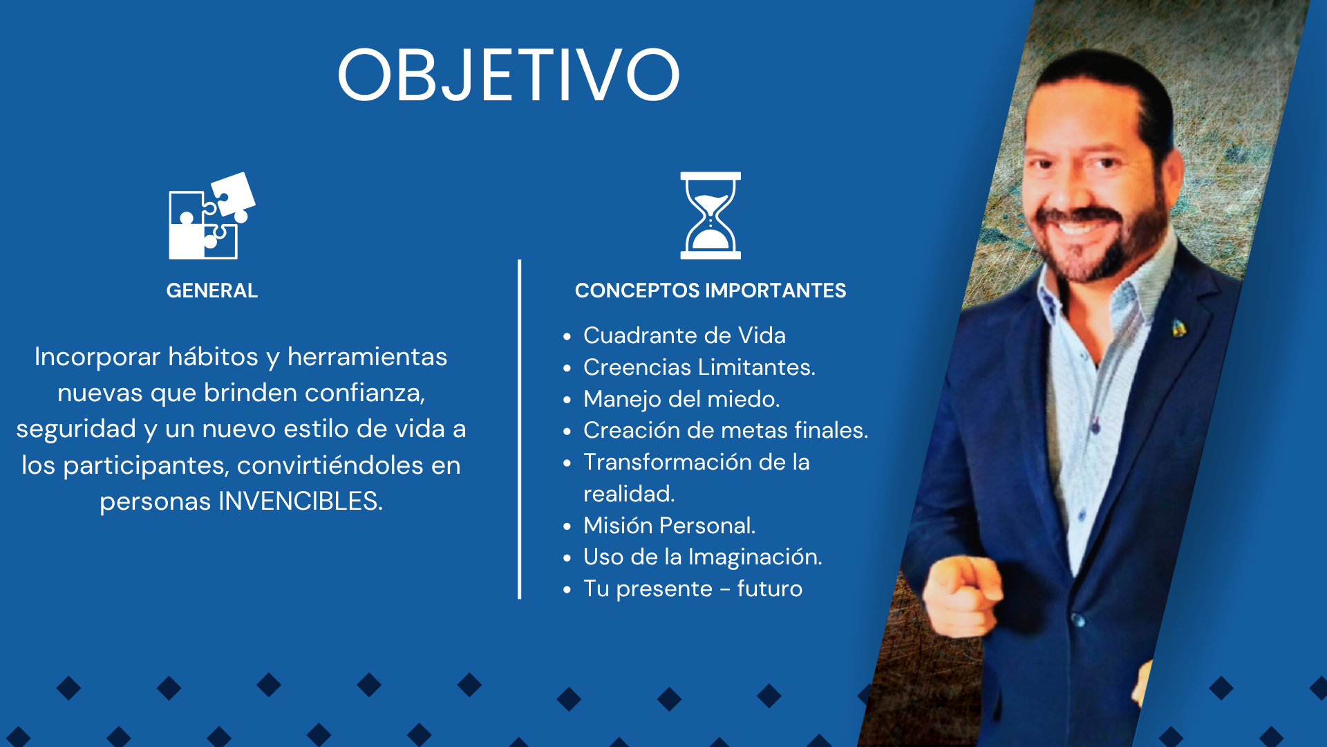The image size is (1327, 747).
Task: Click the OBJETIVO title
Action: tap(509, 75)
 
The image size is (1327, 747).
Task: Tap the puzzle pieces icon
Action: tap(212, 216)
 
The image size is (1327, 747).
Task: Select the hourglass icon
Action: tap(710, 216)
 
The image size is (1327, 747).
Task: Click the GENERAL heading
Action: tap(212, 290)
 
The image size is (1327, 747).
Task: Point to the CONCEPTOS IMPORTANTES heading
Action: tap(710, 290)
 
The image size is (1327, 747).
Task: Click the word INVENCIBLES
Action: tap(301, 501)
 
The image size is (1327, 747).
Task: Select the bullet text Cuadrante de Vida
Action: tap(684, 335)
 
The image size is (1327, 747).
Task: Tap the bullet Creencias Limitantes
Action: tap(699, 367)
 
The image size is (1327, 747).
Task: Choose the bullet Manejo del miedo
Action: tap(681, 399)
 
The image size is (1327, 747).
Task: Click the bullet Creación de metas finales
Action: tap(726, 430)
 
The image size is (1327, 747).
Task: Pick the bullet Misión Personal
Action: tap(669, 526)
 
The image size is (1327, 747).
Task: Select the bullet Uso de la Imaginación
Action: tap(703, 557)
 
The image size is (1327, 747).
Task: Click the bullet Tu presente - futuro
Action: tap(693, 589)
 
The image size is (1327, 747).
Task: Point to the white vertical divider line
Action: tap(519, 430)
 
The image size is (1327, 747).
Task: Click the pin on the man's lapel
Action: tap(1179, 329)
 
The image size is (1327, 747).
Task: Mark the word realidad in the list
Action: tap(629, 494)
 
